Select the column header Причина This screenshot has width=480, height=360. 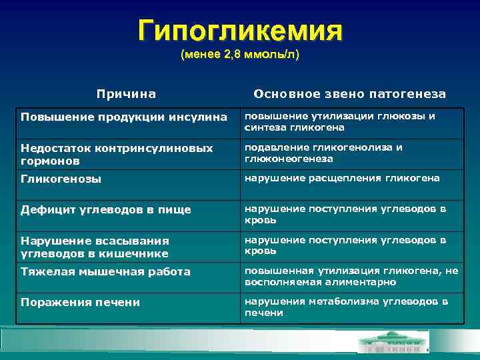pyautogui.click(x=126, y=94)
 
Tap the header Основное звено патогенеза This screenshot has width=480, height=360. pyautogui.click(x=349, y=94)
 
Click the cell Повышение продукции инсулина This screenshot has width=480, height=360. pyautogui.click(x=124, y=117)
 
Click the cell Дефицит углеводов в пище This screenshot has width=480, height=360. pyautogui.click(x=106, y=209)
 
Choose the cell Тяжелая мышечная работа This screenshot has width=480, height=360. pyautogui.click(x=105, y=271)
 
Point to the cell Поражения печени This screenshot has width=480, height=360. pyautogui.click(x=80, y=302)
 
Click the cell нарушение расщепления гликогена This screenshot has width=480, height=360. pyautogui.click(x=342, y=178)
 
